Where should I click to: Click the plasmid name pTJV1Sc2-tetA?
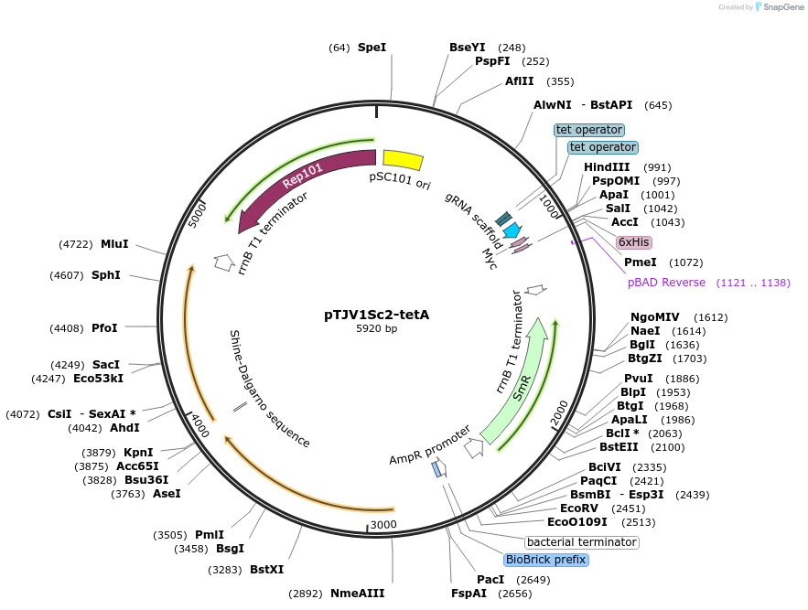(376, 315)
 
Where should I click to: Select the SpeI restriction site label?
(372, 47)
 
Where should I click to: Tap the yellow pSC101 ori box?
(403, 160)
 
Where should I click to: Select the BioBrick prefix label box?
(545, 560)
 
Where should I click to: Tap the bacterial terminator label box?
(581, 542)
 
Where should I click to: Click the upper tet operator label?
(589, 130)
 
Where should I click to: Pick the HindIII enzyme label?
(607, 167)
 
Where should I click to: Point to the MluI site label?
(114, 244)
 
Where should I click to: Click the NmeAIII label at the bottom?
(357, 594)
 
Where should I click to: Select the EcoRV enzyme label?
(578, 508)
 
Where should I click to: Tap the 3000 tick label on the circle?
(383, 524)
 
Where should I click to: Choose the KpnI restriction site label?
(138, 452)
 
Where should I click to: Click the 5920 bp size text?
(376, 329)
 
